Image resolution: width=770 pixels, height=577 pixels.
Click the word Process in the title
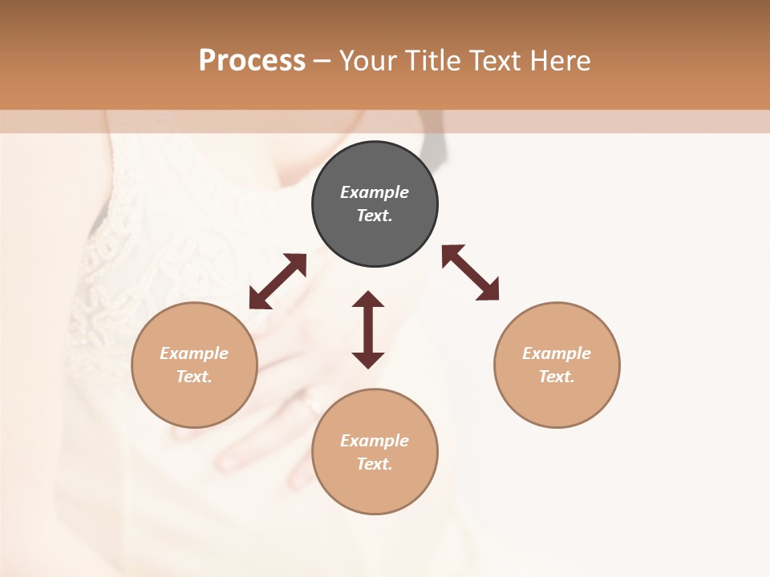point(252,61)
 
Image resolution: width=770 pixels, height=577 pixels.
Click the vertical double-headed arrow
point(368,329)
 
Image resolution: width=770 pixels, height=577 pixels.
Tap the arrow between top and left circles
point(278,281)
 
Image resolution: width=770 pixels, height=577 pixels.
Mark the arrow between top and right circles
point(471,272)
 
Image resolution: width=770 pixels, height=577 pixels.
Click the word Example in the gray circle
point(375,192)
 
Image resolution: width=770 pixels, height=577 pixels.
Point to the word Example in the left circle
point(194,353)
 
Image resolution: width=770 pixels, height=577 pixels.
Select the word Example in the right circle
point(557,353)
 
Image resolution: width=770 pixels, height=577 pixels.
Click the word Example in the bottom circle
point(375,441)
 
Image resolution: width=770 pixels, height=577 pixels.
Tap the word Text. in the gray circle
point(375,216)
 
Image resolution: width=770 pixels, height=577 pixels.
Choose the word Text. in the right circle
point(557,377)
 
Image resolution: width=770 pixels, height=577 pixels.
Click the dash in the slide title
point(322,61)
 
